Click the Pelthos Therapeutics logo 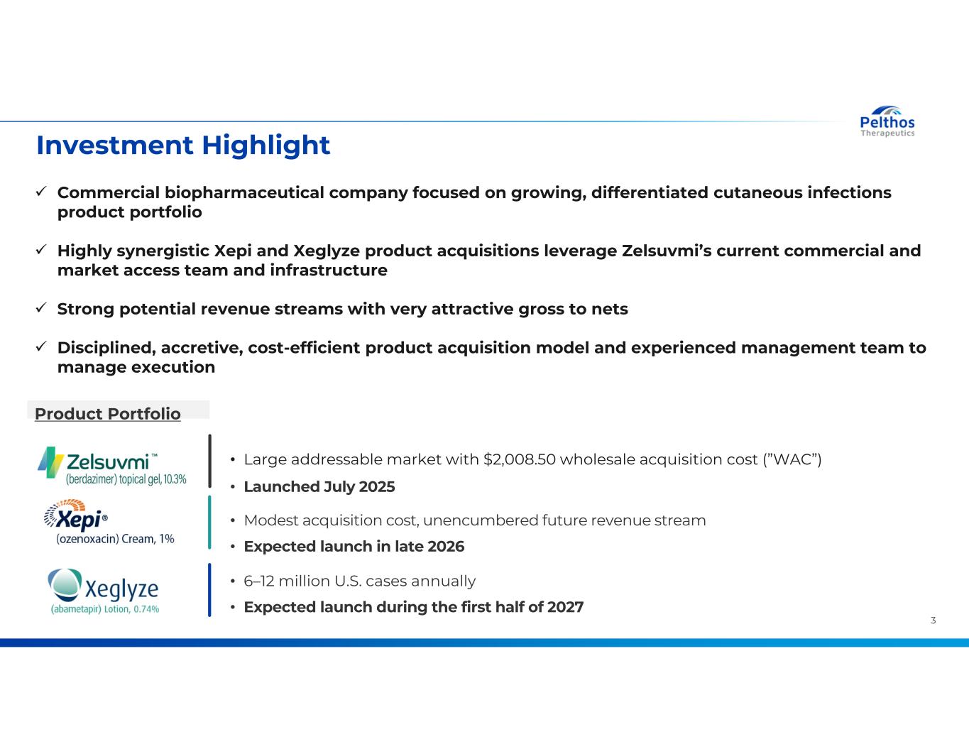887,121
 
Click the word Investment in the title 114,146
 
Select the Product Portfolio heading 108,414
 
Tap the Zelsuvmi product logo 112,466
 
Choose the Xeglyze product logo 104,591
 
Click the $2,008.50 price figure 519,459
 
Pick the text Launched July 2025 319,486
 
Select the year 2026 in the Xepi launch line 446,546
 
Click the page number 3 933,620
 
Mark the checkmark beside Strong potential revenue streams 41,307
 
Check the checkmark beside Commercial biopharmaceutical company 41,191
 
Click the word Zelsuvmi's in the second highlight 666,251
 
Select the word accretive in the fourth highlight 202,348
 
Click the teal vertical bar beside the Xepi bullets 209,522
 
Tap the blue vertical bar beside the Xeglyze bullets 209,590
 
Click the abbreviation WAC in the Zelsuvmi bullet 792,459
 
